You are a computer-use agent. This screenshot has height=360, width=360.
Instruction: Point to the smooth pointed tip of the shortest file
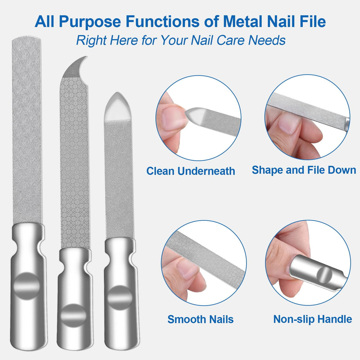tap(117, 93)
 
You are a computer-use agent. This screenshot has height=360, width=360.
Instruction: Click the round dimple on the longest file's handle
tap(27, 286)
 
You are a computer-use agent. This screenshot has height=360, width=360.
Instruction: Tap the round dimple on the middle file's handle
tap(73, 315)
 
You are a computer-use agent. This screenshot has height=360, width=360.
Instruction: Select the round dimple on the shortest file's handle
tap(120, 298)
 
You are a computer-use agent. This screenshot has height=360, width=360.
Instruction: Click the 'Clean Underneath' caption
tap(190, 171)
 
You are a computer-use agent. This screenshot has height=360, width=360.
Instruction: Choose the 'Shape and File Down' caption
tap(304, 170)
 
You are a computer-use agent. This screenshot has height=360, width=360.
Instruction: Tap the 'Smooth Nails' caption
tap(201, 319)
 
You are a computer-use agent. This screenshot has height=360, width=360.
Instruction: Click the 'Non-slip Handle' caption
tap(312, 319)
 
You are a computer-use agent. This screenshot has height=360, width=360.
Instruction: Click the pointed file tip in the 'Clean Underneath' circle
tap(186, 112)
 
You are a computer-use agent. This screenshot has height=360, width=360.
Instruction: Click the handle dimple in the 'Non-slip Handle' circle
tap(324, 275)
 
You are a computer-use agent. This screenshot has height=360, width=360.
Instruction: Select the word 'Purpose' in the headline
tap(90, 22)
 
